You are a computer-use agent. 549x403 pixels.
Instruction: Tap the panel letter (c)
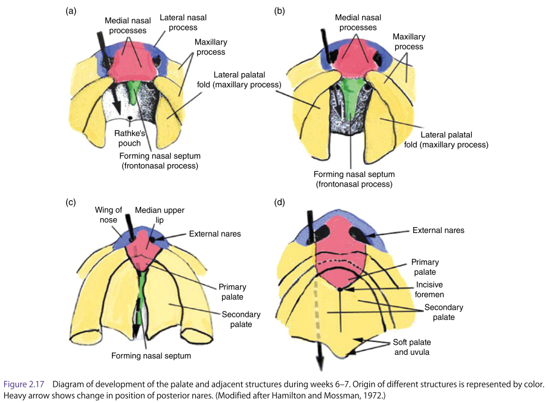tap(71, 202)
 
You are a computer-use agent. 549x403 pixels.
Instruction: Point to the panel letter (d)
tap(280, 202)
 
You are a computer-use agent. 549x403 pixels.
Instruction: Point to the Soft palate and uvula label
tap(412, 348)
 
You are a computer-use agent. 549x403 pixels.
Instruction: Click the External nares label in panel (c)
tap(215, 234)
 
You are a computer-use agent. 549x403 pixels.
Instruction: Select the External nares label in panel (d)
tap(438, 230)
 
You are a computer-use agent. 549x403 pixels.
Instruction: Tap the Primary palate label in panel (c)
tap(232, 291)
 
